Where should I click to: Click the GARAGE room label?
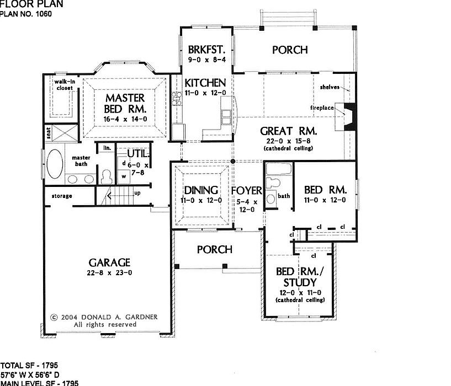pos(108,262)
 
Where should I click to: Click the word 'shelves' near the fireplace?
pos(329,87)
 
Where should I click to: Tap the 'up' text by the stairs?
pos(137,193)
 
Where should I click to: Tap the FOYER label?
pos(246,191)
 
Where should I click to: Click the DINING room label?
pos(200,190)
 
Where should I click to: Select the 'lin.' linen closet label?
pos(107,148)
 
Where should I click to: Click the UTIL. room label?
pos(137,153)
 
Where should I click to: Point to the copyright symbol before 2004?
pos(54,317)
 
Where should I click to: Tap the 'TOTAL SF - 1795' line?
pos(29,366)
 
